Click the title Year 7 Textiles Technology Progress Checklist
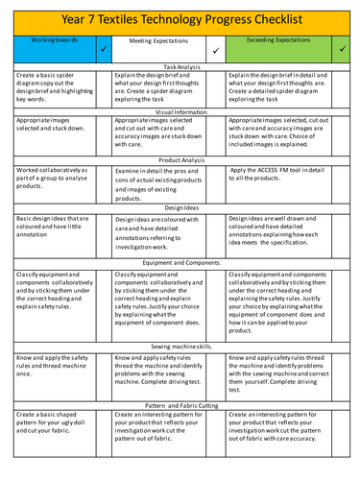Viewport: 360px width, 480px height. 180,19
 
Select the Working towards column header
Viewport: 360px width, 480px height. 50,41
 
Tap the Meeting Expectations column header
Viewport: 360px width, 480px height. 156,41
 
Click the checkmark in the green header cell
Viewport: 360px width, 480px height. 344,47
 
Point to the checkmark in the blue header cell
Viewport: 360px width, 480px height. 104,47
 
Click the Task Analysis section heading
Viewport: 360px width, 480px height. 180,65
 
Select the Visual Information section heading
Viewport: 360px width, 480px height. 180,111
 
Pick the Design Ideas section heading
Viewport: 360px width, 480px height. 180,206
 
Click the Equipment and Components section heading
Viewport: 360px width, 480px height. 180,262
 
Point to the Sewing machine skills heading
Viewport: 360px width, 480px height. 180,347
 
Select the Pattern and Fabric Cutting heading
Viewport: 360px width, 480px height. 180,406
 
